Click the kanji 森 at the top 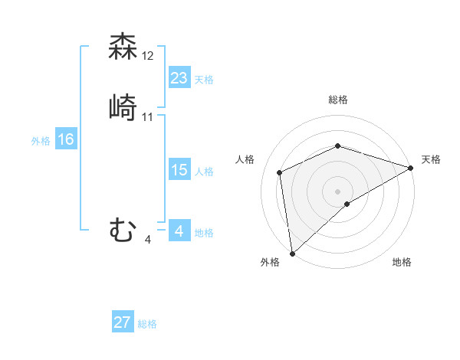[x=123, y=47]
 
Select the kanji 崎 [x=123, y=107]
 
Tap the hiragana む [x=123, y=230]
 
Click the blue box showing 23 [x=179, y=77]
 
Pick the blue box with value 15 [x=179, y=170]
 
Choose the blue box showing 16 [x=66, y=139]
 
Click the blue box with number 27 [x=123, y=322]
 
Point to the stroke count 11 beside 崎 [x=149, y=117]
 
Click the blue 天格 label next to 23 [x=204, y=79]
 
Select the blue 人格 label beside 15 [x=204, y=172]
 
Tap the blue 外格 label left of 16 [x=41, y=141]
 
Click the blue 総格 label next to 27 [x=147, y=324]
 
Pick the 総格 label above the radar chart [x=337, y=100]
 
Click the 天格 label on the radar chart [x=431, y=159]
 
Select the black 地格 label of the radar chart [x=402, y=262]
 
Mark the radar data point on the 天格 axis [x=410, y=168]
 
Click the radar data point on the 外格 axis [x=292, y=252]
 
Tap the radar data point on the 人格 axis [x=280, y=172]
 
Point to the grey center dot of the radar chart [x=337, y=191]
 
